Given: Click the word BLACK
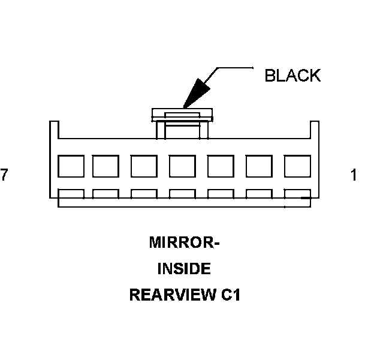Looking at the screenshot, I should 292,76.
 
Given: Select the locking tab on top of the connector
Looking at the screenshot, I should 182,113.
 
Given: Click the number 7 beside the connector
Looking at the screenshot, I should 5,175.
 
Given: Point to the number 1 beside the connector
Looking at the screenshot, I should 354,175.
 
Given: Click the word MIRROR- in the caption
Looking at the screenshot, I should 185,244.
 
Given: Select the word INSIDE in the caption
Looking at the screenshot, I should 184,269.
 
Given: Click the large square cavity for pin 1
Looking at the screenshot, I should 296,166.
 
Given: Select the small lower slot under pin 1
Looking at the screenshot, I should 296,194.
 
